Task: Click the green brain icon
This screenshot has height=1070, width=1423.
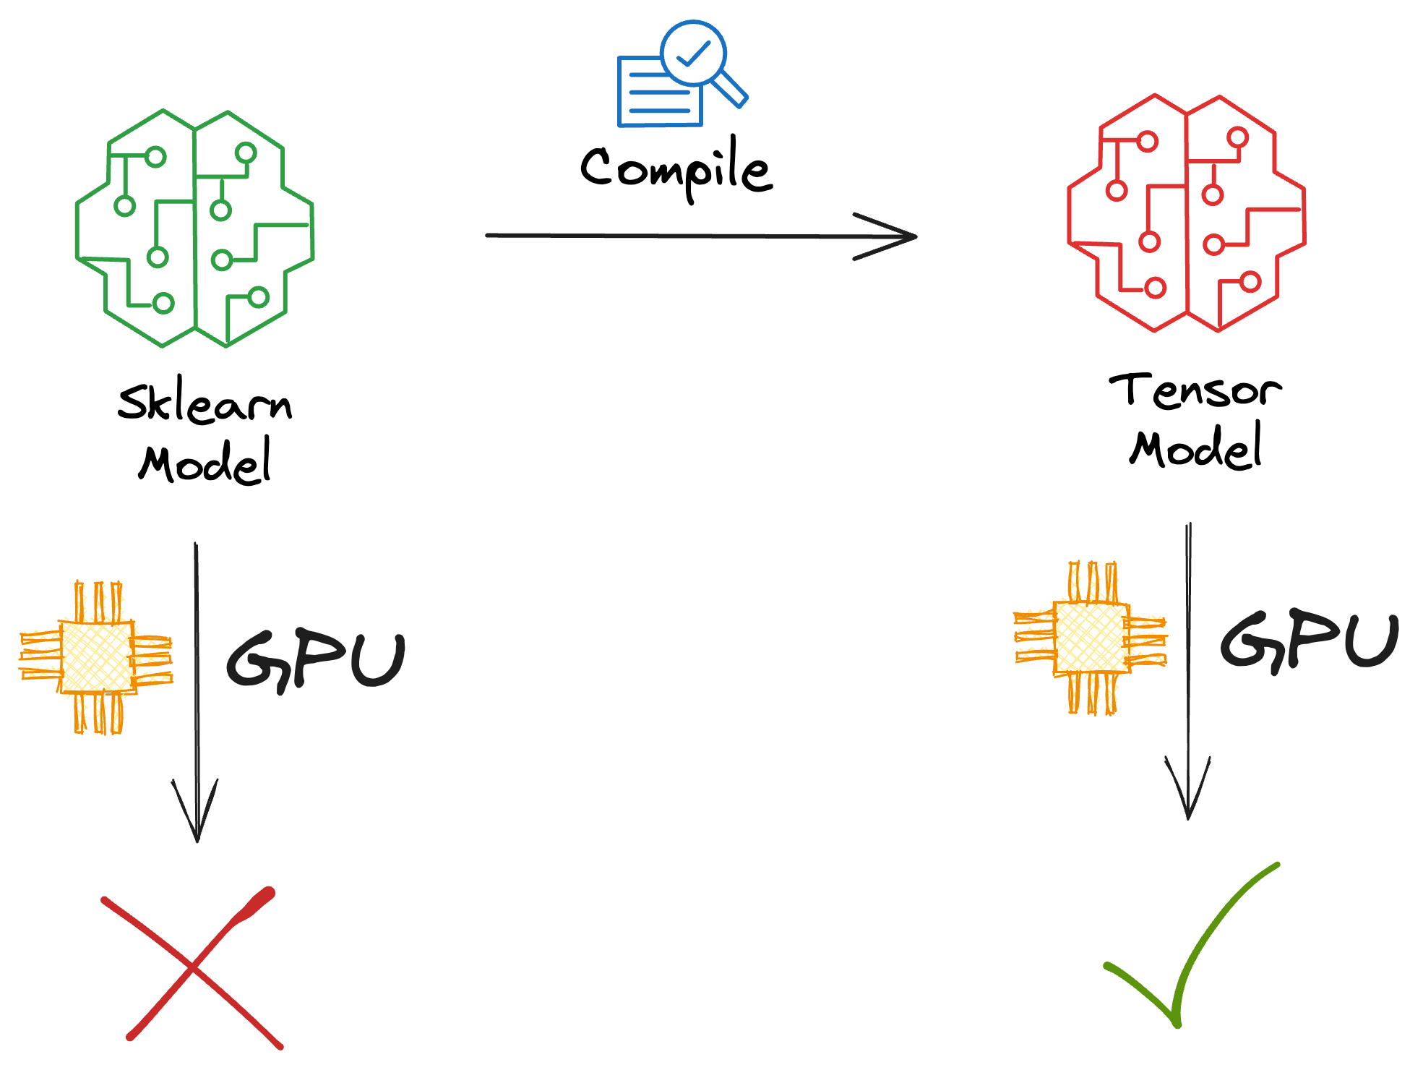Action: (x=195, y=228)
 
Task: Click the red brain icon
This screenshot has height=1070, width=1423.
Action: (x=1186, y=213)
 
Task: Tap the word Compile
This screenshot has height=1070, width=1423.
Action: (x=677, y=168)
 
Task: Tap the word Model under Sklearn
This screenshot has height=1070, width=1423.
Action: (x=205, y=463)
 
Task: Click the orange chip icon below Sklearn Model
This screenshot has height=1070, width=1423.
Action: (x=96, y=657)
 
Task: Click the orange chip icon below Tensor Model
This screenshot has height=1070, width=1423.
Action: (x=1091, y=638)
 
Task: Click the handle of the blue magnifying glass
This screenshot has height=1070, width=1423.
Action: (x=730, y=89)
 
